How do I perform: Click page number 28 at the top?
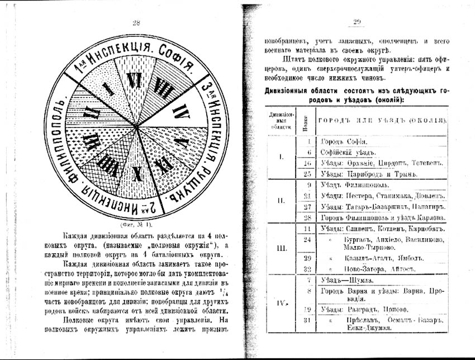point(136,22)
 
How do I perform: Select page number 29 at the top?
point(358,22)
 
